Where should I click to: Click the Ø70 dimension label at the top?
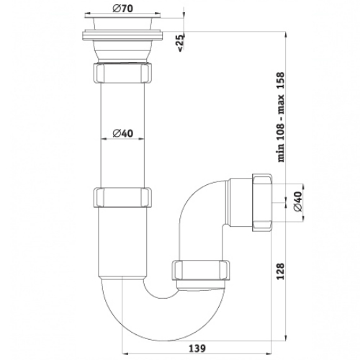coord(122,9)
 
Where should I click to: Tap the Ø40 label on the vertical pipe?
coord(122,133)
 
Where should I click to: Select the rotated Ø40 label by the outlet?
coord(297,202)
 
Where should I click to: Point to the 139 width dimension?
coord(197,348)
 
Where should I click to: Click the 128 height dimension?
coord(280,271)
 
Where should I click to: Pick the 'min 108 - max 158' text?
coord(281,117)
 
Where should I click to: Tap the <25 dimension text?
coord(181,42)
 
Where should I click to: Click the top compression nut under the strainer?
coord(122,73)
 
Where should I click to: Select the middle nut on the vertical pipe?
coord(122,198)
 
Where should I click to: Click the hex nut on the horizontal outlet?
coord(262,202)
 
